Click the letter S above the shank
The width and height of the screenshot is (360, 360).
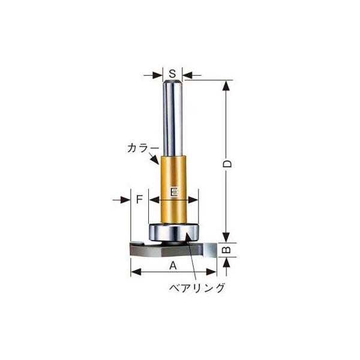(x=172, y=74)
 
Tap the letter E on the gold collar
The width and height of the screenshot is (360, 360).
(x=173, y=192)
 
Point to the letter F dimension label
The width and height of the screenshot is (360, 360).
(x=139, y=199)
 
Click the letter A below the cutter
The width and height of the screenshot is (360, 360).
(x=172, y=265)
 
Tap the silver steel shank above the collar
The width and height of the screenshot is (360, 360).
(x=173, y=120)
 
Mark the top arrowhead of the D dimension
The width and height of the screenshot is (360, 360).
(x=226, y=85)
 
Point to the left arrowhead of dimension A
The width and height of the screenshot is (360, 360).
(x=134, y=273)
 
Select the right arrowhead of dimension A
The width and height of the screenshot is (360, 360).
(x=211, y=273)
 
